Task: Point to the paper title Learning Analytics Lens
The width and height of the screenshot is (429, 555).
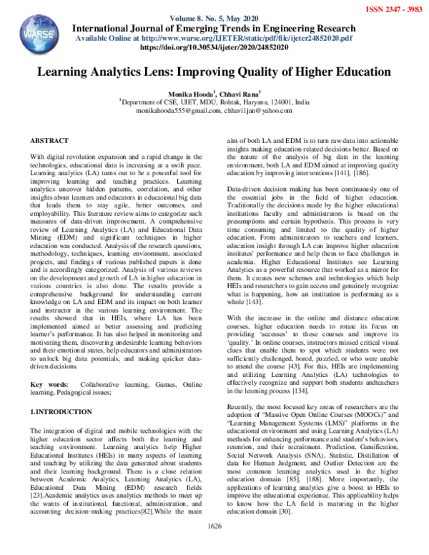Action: coord(214,73)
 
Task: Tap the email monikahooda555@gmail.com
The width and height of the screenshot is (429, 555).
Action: coord(177,112)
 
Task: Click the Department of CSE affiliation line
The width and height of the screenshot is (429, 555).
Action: coord(214,102)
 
